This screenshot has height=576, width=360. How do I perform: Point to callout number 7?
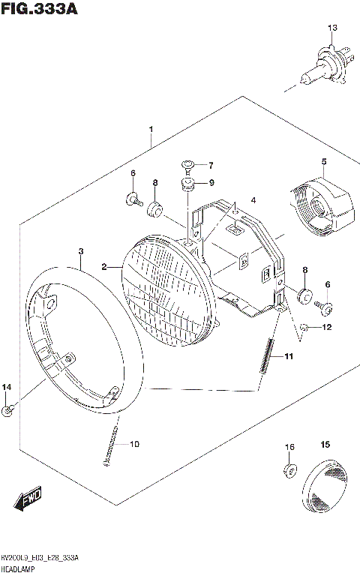[211, 166]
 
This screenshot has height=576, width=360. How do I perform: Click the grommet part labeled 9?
[188, 184]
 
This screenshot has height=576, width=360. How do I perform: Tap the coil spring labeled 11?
[265, 355]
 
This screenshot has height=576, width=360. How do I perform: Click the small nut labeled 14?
[7, 409]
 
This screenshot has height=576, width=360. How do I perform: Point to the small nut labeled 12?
[304, 327]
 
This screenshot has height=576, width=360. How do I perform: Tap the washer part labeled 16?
[288, 470]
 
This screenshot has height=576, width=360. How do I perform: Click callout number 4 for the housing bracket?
[253, 199]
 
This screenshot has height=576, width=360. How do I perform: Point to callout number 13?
[332, 28]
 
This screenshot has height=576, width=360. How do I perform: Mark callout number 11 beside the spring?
[289, 357]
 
